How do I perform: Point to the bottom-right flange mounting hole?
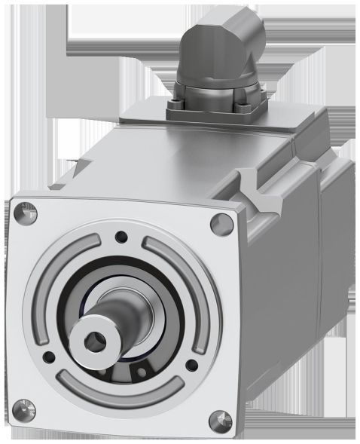(218, 416)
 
